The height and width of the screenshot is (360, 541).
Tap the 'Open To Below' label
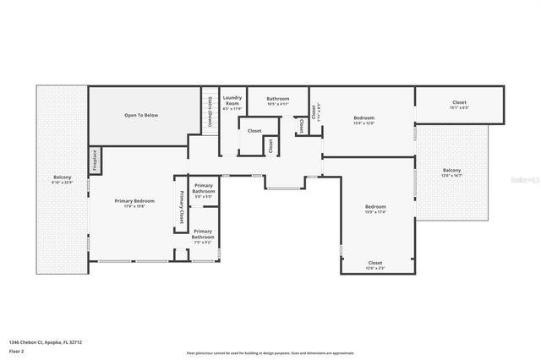click(141, 115)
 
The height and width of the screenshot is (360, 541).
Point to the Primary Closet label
click(181, 206)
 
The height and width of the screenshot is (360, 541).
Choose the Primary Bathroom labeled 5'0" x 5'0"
click(203, 190)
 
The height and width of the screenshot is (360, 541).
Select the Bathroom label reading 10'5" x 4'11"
click(278, 101)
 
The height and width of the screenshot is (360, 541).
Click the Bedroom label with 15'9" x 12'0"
click(363, 120)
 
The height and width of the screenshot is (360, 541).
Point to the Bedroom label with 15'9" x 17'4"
click(375, 209)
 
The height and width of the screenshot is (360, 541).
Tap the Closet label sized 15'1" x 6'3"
click(459, 105)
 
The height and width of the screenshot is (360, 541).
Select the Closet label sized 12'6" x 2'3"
click(374, 265)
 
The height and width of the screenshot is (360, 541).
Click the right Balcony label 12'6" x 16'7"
click(452, 172)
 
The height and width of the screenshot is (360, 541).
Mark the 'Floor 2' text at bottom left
click(14, 349)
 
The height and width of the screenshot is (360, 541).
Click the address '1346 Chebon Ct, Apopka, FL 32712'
click(46, 342)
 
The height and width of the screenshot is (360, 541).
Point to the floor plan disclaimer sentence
click(270, 353)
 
